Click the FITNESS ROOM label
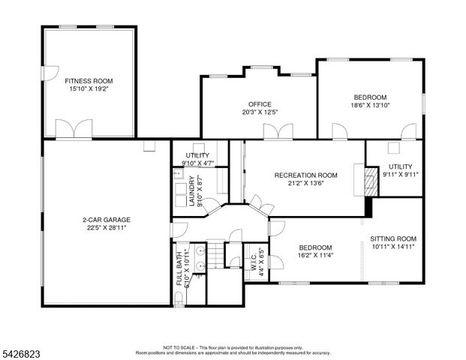[x=88, y=80]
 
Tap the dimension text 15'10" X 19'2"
[x=88, y=88]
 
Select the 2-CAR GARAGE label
[x=104, y=220]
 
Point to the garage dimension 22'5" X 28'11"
[x=104, y=228]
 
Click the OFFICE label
[x=260, y=104]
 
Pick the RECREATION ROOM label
[x=305, y=175]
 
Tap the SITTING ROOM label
[x=392, y=238]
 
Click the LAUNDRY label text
[x=193, y=189]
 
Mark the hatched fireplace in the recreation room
[x=368, y=179]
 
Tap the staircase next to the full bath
[x=216, y=255]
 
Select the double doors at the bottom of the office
[x=275, y=132]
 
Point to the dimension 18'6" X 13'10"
[x=370, y=106]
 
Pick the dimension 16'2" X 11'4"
[x=316, y=255]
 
